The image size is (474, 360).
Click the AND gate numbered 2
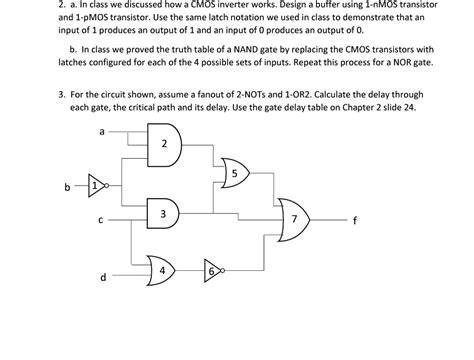pos(163,145)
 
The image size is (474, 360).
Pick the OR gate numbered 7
pos(293,219)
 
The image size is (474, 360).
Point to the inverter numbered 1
pos(95,186)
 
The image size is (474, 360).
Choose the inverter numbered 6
pos(212,272)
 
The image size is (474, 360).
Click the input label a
pos(103,131)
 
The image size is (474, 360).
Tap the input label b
pos(67,187)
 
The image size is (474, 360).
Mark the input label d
pos(102,279)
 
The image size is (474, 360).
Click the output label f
pos(353,221)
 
